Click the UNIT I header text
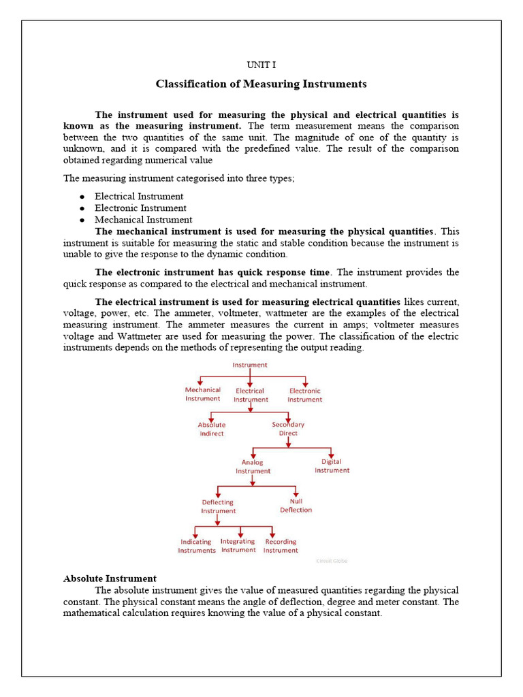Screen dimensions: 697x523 click(x=261, y=65)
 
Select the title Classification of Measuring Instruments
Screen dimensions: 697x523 click(x=261, y=84)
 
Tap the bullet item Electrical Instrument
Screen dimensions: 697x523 click(x=139, y=197)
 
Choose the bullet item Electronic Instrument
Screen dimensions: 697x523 click(x=140, y=208)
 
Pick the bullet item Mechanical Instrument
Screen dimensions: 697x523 click(x=143, y=220)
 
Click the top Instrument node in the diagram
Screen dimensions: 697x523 click(x=250, y=365)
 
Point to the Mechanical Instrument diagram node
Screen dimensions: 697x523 click(x=203, y=394)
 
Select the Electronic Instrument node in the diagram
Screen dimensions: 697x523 click(x=304, y=395)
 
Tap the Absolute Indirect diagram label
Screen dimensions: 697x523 click(x=212, y=429)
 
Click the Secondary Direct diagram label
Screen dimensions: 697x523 click(x=288, y=429)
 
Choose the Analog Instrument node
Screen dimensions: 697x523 click(x=253, y=466)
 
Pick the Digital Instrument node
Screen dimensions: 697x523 click(x=332, y=466)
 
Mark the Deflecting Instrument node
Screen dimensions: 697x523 click(x=218, y=506)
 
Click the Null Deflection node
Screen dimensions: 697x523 click(x=296, y=505)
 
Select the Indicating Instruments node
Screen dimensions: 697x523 click(x=197, y=546)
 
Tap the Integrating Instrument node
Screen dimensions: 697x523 click(x=238, y=546)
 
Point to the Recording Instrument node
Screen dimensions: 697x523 click(x=281, y=546)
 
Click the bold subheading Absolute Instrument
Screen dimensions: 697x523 click(x=110, y=579)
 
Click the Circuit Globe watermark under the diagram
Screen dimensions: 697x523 click(x=332, y=561)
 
